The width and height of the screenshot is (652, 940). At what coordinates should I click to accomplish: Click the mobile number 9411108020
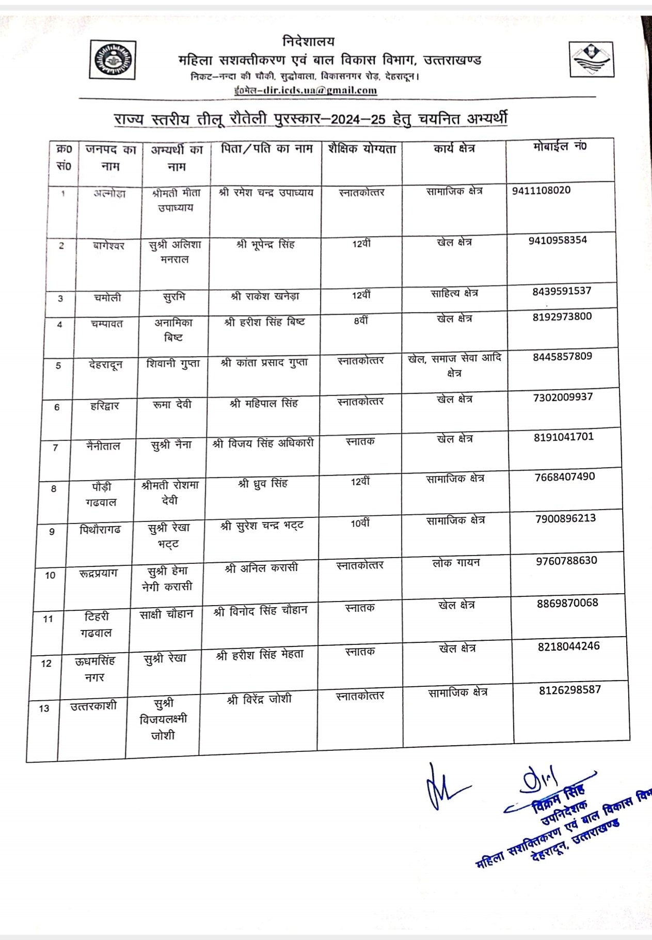[x=541, y=190]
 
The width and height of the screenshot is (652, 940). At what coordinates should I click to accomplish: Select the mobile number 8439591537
[x=562, y=291]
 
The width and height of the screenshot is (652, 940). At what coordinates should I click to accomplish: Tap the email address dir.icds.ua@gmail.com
[x=305, y=90]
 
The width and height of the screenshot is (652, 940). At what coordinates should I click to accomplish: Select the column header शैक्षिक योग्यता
[x=362, y=149]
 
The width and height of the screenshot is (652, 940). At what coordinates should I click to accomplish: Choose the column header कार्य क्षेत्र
[x=454, y=148]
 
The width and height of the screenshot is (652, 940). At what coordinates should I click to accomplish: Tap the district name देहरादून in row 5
[x=105, y=364]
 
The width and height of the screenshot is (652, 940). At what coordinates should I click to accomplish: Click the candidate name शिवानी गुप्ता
[x=173, y=363]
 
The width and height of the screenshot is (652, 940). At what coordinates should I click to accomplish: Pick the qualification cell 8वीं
[x=361, y=320]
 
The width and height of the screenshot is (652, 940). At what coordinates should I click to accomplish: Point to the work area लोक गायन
[x=456, y=562]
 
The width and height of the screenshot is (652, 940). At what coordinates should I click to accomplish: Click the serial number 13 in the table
[x=44, y=708]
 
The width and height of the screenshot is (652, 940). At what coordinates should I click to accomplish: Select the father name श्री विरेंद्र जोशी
[x=259, y=699]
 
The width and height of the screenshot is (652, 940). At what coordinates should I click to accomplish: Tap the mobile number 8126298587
[x=569, y=690]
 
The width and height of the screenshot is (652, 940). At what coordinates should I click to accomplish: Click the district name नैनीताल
[x=103, y=445]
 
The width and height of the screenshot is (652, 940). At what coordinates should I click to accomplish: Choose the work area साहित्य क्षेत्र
[x=454, y=293]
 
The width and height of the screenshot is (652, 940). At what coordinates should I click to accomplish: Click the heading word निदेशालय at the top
[x=309, y=41]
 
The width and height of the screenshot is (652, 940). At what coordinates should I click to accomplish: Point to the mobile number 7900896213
[x=565, y=518]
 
